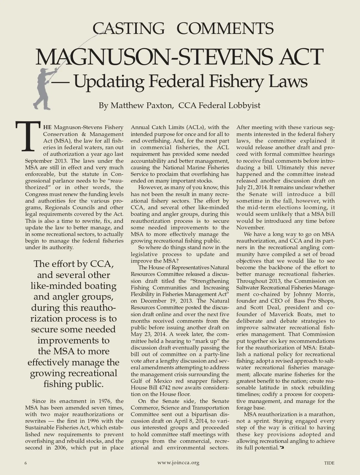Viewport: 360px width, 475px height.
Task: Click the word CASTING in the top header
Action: click(128, 29)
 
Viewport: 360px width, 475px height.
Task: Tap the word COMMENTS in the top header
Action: click(225, 29)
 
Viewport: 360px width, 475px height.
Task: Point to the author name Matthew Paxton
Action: click(141, 106)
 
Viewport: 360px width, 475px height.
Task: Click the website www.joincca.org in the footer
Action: click(178, 463)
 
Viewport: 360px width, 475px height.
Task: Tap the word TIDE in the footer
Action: click(329, 463)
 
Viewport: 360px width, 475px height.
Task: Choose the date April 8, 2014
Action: click(195, 421)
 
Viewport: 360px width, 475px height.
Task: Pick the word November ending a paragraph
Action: click(250, 228)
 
